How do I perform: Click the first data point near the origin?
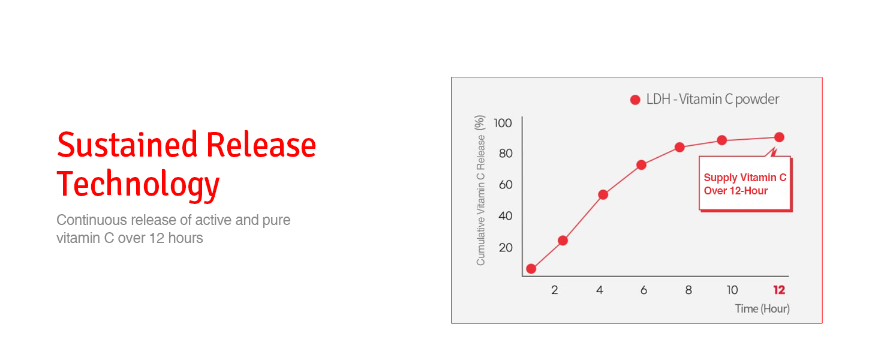[x=531, y=269]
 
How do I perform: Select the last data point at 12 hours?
[x=779, y=137]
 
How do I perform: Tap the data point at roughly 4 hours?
[x=603, y=194]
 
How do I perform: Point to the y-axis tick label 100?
[x=503, y=123]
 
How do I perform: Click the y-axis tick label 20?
[x=506, y=247]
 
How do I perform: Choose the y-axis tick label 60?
[x=506, y=185]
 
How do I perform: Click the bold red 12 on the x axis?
[x=779, y=290]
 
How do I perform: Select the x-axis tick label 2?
[x=555, y=290]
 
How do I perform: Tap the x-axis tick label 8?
[x=688, y=290]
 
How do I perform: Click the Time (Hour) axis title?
[x=762, y=308]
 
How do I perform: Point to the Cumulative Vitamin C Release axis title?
[x=480, y=190]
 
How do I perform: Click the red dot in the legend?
[x=635, y=100]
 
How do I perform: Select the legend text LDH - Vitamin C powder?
[x=712, y=99]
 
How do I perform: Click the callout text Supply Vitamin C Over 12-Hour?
[x=745, y=184]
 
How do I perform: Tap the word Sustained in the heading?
[x=127, y=145]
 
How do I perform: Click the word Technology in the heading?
[x=138, y=184]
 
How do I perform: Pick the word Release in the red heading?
[x=261, y=145]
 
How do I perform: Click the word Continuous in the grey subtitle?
[x=92, y=220]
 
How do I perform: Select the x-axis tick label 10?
[x=732, y=290]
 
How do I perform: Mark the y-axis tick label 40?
[x=506, y=215]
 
